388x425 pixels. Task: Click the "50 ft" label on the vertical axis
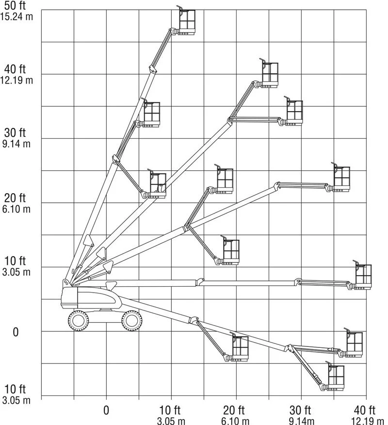coord(16,5)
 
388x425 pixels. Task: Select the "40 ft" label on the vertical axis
coord(16,70)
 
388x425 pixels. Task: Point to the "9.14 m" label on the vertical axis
coord(16,144)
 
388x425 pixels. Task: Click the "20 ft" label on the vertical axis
coord(16,198)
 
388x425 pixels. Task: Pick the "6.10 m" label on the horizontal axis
coord(236,420)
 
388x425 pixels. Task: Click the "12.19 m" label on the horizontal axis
coord(365,420)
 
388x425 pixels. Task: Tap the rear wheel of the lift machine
coord(78,320)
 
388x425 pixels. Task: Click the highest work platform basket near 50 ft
coord(187,22)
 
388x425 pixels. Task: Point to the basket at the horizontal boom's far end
coord(363,277)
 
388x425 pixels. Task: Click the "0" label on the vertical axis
coord(16,332)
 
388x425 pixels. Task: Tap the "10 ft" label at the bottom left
coord(16,390)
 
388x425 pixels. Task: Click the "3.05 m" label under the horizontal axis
coord(171,420)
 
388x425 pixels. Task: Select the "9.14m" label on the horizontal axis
coord(301,420)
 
